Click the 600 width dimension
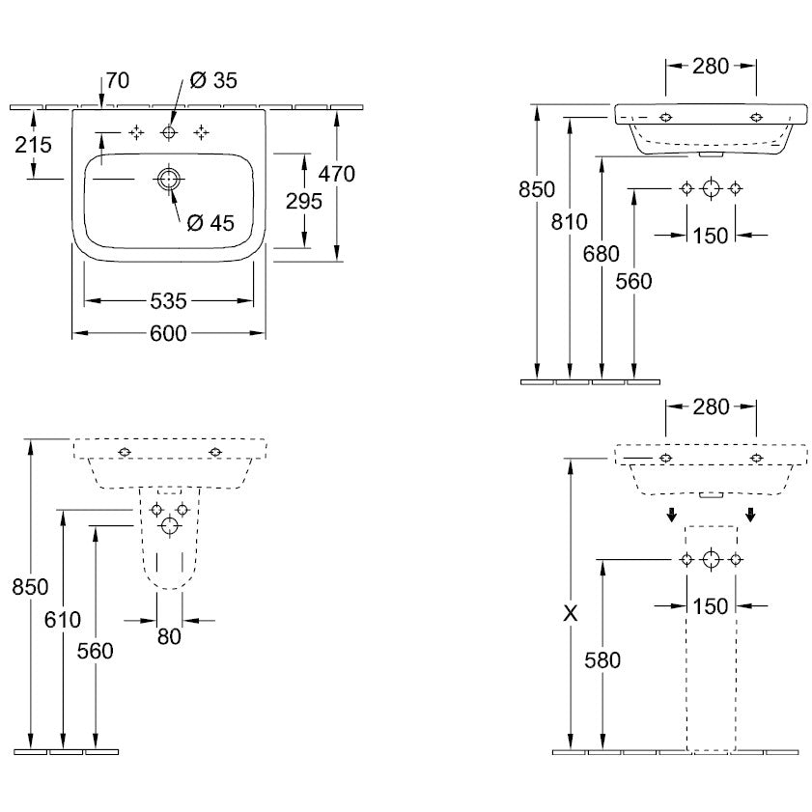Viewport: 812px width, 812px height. coord(168,332)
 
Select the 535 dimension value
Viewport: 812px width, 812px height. coord(168,301)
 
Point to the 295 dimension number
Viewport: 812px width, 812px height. coord(305,201)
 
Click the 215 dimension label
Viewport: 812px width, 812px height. coord(34,145)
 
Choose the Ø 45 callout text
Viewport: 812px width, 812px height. coord(210,223)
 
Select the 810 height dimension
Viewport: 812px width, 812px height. coord(570,222)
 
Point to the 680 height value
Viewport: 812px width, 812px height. coord(602,253)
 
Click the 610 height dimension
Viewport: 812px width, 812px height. coord(64,619)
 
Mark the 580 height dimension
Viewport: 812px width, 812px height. coord(602,660)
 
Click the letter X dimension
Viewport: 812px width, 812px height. coord(571,611)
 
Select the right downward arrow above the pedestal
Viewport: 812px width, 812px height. coord(750,515)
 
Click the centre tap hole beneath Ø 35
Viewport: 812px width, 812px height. coord(169,132)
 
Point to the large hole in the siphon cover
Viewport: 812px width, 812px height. coord(170,526)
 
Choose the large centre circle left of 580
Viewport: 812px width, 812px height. coord(712,559)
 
